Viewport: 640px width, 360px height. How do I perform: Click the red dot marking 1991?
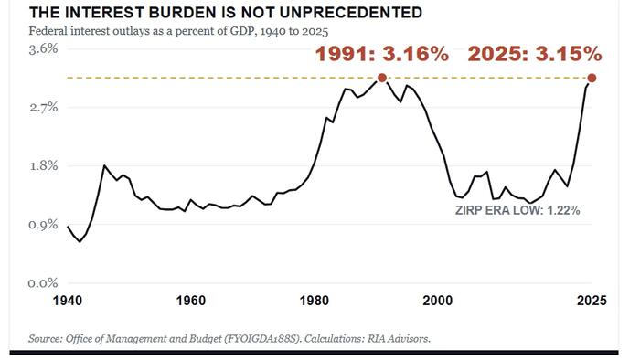click(381, 78)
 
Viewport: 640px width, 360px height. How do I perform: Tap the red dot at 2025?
click(592, 78)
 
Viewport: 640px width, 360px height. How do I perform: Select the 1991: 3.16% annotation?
click(382, 54)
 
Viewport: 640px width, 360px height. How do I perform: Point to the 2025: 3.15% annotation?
click(535, 54)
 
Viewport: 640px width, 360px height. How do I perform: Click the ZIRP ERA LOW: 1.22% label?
click(517, 210)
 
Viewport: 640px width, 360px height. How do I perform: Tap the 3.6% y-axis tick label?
click(43, 49)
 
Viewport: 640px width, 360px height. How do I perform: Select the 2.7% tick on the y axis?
click(43, 108)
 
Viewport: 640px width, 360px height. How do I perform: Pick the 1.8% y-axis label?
click(43, 166)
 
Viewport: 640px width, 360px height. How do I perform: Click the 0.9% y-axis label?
click(43, 225)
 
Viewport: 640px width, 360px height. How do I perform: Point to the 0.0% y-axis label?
click(43, 283)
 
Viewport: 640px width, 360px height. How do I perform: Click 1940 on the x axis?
click(68, 301)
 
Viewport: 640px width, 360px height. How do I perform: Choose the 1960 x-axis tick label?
click(190, 301)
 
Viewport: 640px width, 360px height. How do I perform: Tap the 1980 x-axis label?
click(314, 301)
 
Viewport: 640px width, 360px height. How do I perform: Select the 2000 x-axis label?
click(438, 301)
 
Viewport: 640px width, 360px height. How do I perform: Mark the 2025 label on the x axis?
click(592, 301)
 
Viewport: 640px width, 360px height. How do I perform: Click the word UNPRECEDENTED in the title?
click(349, 13)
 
